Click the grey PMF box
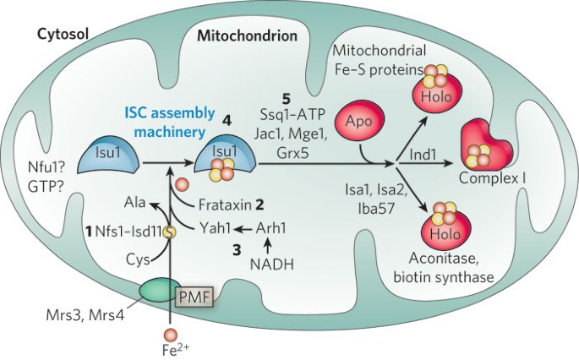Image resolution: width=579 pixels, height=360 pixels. (x=195, y=296)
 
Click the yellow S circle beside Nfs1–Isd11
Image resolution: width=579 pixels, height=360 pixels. (x=170, y=232)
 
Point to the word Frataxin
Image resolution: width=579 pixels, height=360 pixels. (x=225, y=205)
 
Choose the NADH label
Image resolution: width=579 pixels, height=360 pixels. (x=272, y=265)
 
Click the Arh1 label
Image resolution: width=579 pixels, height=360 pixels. (x=270, y=228)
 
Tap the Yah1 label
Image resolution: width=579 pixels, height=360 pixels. (x=215, y=228)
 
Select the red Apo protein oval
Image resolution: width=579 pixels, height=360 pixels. (x=359, y=121)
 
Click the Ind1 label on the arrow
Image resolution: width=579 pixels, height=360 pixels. (x=423, y=155)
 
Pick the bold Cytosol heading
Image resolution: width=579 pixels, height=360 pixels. (x=63, y=35)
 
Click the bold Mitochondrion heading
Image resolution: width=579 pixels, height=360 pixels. (x=247, y=35)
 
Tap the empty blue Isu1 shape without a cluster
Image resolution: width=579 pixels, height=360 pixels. (x=108, y=157)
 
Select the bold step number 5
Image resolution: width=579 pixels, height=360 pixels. (x=287, y=99)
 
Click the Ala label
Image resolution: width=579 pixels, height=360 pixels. (x=134, y=202)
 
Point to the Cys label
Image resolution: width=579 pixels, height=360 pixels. (x=138, y=259)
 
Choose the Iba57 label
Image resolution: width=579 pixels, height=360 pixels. (x=376, y=209)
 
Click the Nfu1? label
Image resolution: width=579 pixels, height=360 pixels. (x=46, y=168)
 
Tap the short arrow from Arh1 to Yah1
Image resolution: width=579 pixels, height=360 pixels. (x=243, y=229)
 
